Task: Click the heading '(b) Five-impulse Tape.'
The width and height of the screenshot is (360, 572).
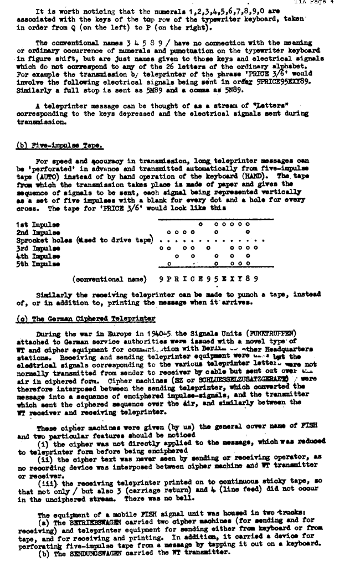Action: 59,146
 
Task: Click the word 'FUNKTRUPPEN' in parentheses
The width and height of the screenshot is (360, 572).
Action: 271,334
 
